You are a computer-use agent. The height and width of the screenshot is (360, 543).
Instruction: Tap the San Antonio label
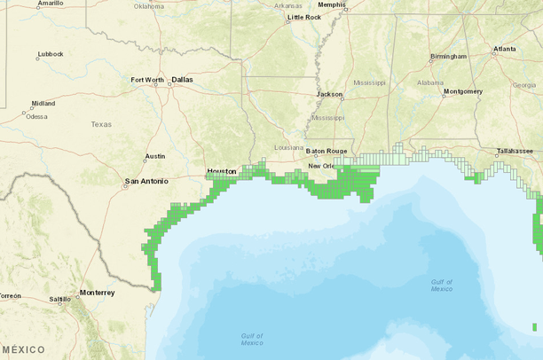point(146,182)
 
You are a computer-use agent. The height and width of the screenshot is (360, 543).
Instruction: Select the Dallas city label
point(182,79)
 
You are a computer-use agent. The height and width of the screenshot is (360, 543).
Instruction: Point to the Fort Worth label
point(147,79)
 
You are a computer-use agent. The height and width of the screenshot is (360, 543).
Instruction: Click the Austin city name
point(155,156)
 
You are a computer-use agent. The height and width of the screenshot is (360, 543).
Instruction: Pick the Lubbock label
point(51,54)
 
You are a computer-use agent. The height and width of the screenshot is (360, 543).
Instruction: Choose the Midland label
point(43,103)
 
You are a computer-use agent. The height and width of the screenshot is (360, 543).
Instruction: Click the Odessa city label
point(37,116)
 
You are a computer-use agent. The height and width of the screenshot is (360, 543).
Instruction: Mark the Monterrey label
point(97,293)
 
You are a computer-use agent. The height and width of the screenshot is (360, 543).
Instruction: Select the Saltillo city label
point(59,300)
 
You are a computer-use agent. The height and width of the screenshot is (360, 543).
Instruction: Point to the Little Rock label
point(304,17)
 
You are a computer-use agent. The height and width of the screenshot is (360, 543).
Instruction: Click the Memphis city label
point(332,4)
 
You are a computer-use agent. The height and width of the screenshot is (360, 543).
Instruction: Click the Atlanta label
point(505,49)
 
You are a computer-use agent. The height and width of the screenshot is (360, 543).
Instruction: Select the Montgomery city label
point(463,91)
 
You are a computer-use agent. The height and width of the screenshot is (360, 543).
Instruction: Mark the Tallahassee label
point(515,152)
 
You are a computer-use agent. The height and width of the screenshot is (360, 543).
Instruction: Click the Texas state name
point(101,124)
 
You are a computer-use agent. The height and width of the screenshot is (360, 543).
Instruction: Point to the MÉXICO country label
point(23,349)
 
